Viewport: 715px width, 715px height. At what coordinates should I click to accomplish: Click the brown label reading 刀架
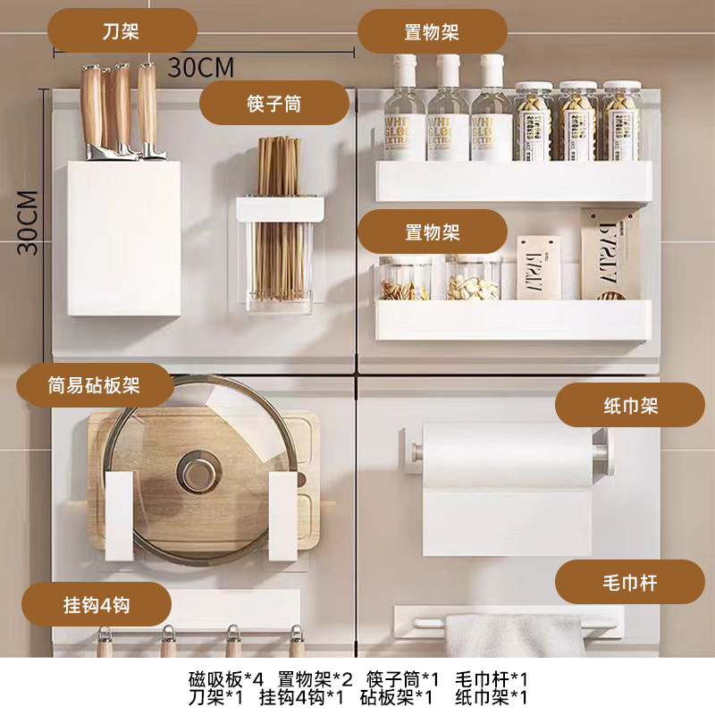point(122,31)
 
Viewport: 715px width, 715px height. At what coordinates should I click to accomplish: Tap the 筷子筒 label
point(274,103)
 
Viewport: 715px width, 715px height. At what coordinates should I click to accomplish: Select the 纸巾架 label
point(630,405)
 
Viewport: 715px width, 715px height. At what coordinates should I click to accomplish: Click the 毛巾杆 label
point(630,582)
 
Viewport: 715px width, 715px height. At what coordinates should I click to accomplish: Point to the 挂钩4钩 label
point(97,604)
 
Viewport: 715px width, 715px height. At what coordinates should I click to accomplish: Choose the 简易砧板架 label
point(95,385)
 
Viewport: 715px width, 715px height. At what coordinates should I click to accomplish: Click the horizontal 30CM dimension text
point(201,68)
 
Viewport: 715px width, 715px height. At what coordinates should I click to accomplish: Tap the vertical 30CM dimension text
point(28,223)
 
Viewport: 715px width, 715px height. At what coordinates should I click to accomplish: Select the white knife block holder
point(124,238)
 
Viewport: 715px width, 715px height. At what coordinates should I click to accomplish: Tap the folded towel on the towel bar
point(515,635)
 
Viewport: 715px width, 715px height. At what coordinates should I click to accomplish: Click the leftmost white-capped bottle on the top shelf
point(404,107)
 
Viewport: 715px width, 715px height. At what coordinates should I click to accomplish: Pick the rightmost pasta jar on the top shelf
point(621,122)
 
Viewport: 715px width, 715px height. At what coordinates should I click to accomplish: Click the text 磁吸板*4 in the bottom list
point(226,679)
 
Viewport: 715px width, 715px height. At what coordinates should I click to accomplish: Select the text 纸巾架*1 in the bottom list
point(491,697)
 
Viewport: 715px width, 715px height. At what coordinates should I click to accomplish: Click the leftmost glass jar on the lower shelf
point(404,278)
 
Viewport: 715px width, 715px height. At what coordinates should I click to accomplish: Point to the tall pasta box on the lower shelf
point(610,254)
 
